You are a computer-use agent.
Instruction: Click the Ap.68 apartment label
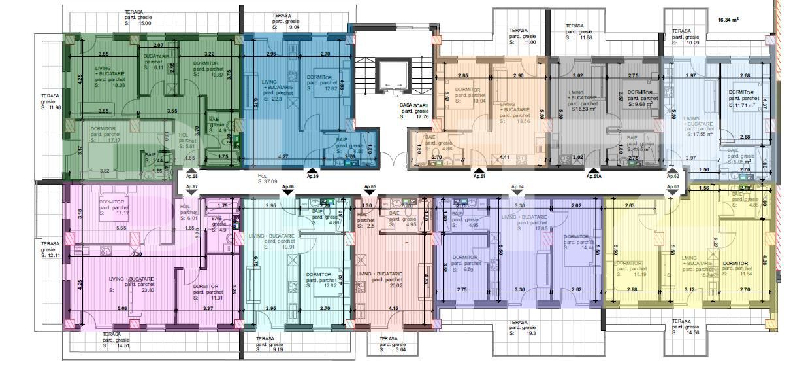tap(192, 176)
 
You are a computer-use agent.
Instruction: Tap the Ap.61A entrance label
tap(593, 176)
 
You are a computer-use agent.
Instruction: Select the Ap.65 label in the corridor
tap(370, 187)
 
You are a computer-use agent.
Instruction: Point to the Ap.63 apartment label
tap(673, 187)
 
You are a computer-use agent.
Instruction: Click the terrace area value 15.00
tap(145, 23)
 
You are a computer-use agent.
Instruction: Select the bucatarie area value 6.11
tap(158, 67)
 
